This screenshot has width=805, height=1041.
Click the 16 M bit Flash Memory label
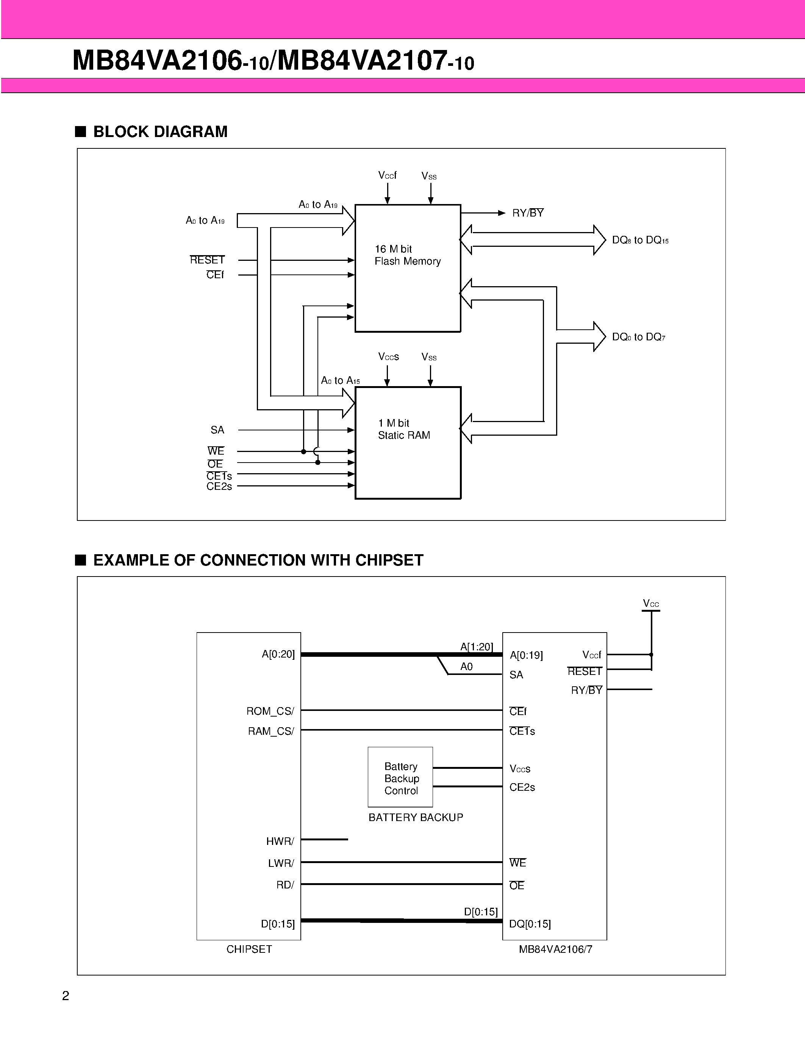pos(407,255)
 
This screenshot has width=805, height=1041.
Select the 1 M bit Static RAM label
pos(403,429)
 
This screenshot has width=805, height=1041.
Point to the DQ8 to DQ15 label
pos(640,240)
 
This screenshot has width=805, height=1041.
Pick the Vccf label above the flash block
pos(387,175)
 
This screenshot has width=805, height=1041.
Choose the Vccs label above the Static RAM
pos(388,357)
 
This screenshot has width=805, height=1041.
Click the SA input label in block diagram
pos(217,430)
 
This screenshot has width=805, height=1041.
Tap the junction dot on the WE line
pos(303,451)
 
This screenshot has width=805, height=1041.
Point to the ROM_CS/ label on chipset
pos(270,711)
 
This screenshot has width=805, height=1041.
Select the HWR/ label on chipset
pos(280,841)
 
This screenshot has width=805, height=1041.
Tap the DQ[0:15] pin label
pos(529,924)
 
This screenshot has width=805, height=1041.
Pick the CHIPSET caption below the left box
pos(249,949)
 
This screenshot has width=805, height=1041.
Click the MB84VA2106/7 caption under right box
pos(555,949)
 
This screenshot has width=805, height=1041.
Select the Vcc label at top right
pos(650,603)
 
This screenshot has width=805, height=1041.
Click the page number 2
pos(66,996)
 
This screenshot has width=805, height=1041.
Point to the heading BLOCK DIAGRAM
pos(160,132)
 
